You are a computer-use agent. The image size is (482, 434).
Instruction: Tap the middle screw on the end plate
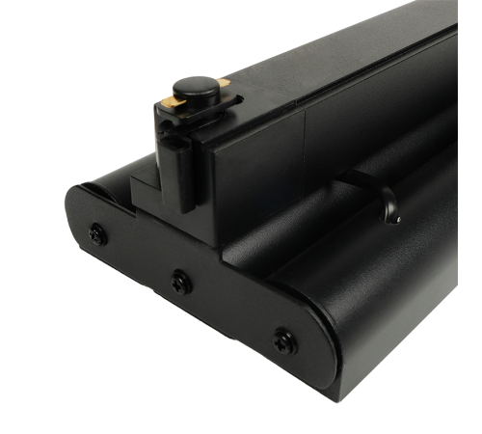point(178,279)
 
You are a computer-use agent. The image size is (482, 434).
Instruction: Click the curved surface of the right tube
point(386,289)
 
